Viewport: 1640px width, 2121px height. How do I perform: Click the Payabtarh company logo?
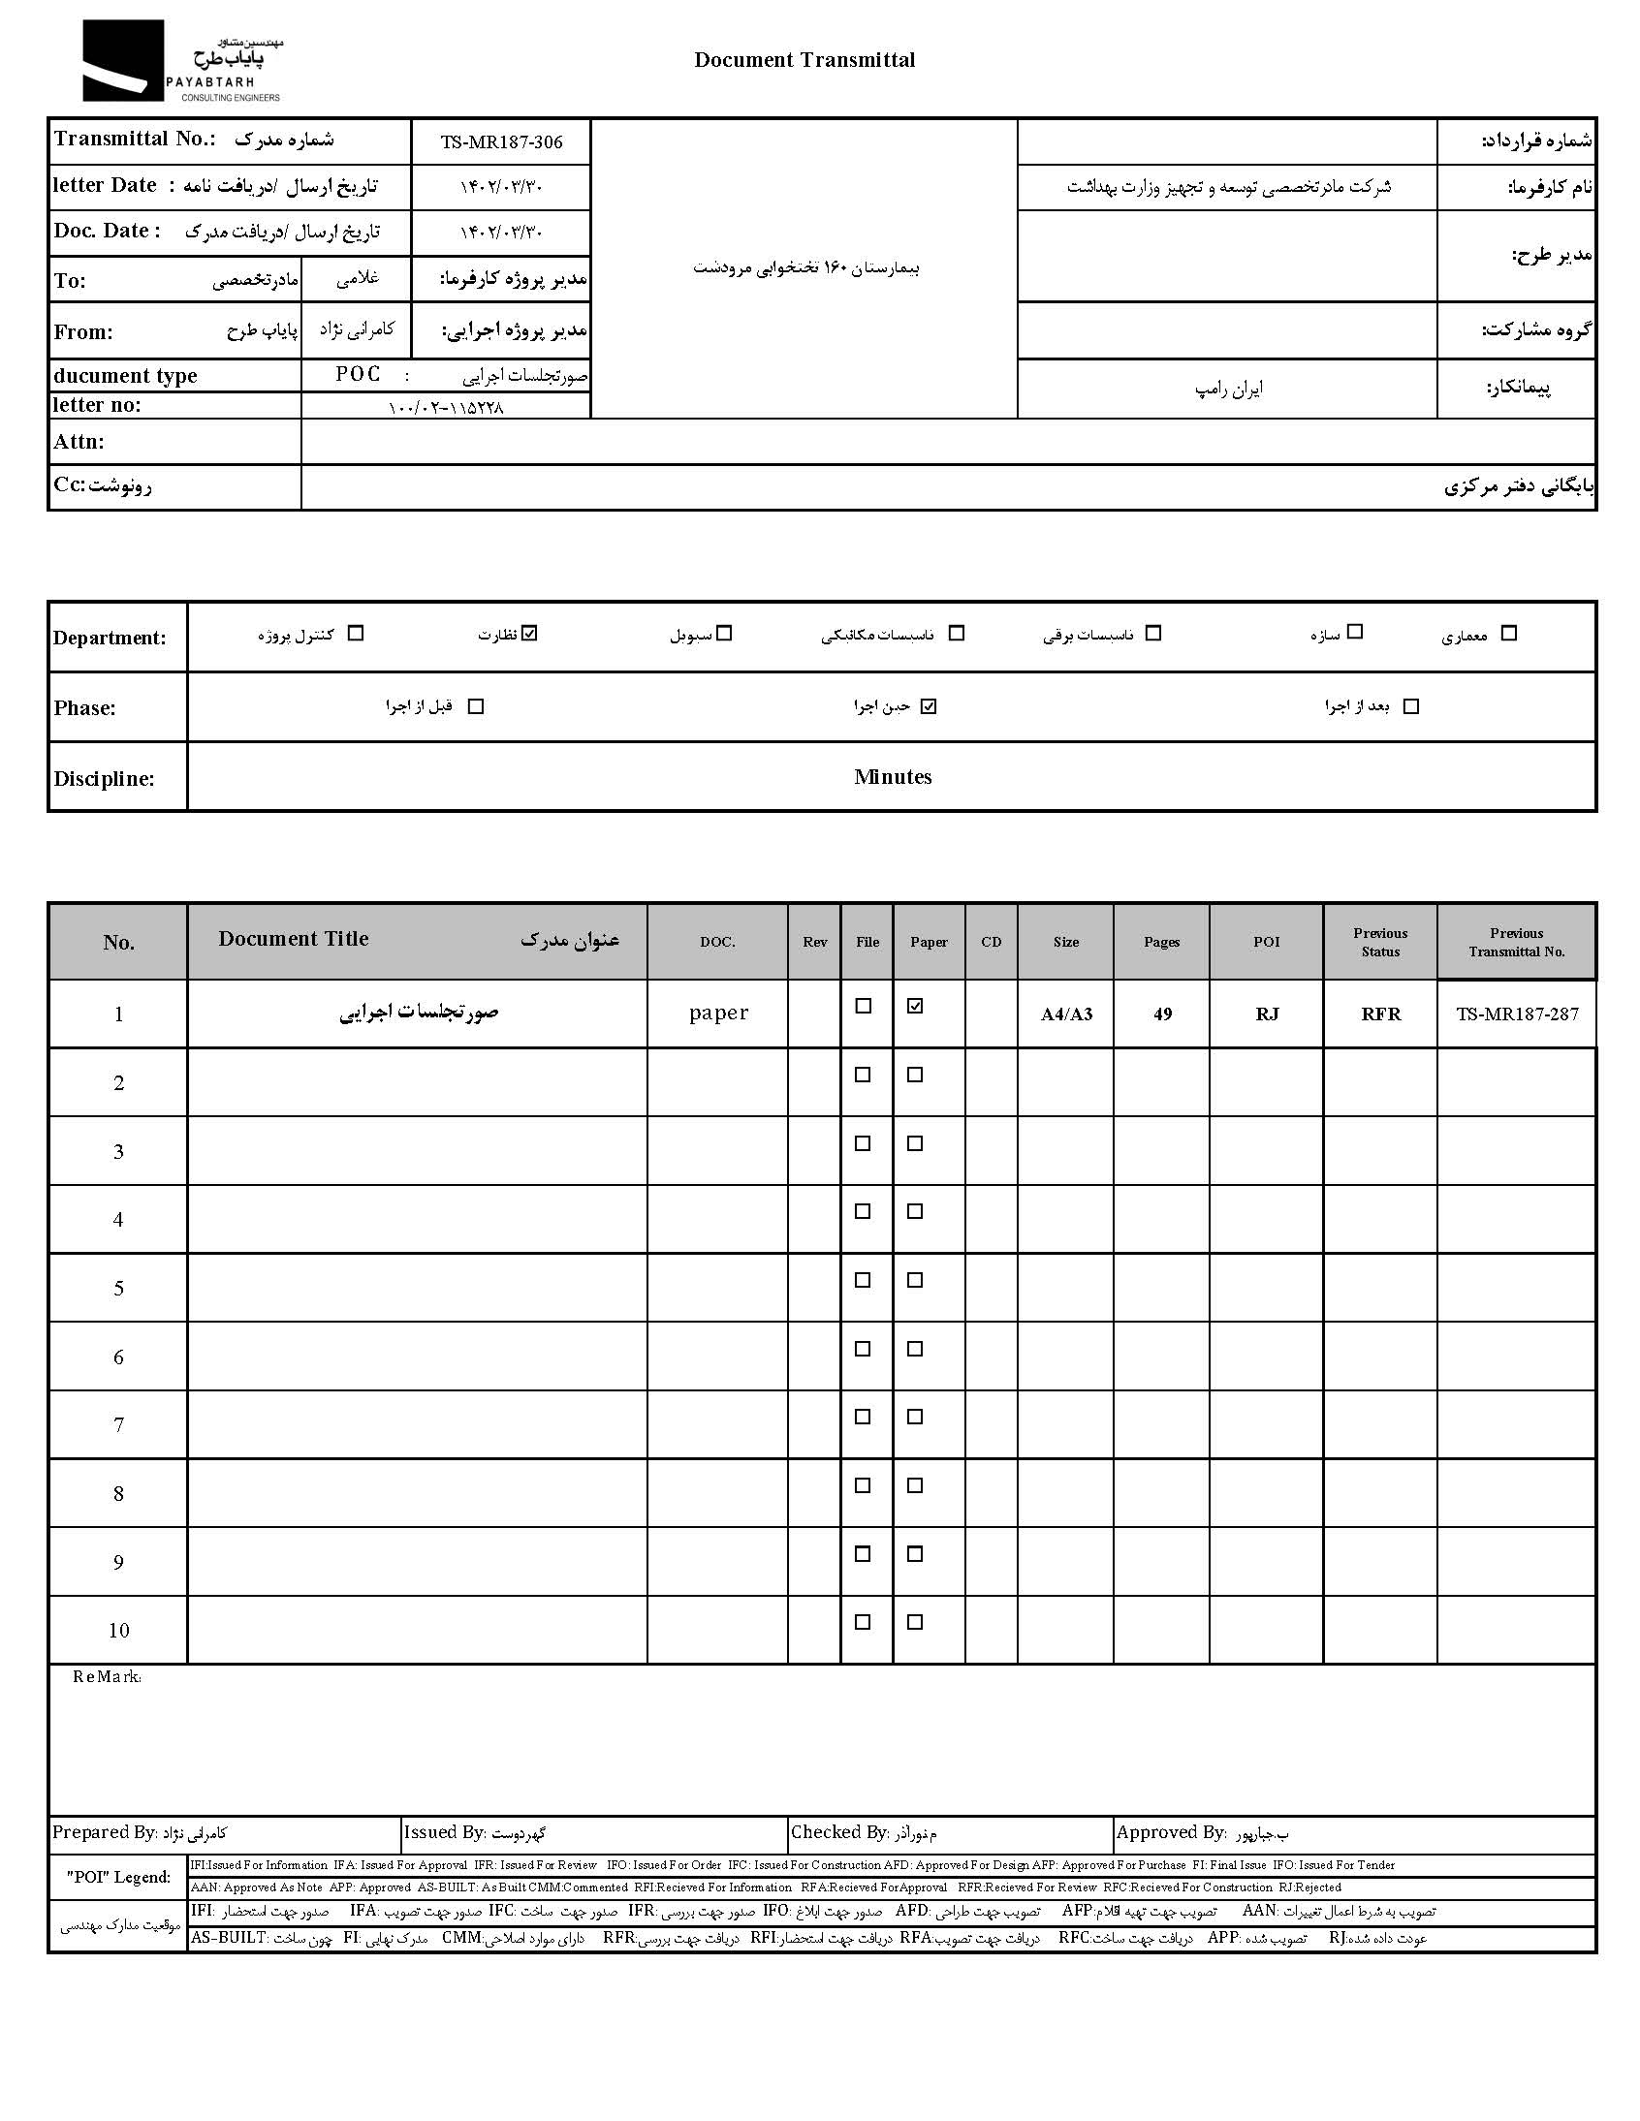pyautogui.click(x=180, y=61)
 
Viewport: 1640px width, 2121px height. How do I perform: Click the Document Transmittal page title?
pyautogui.click(x=804, y=60)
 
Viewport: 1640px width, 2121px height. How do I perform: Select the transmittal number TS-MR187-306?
pyautogui.click(x=501, y=142)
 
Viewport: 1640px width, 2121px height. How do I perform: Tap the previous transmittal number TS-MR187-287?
pyautogui.click(x=1517, y=1014)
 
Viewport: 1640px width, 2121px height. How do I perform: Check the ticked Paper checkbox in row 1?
pyautogui.click(x=914, y=1007)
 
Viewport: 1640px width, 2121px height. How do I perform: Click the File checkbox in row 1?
pyautogui.click(x=863, y=1007)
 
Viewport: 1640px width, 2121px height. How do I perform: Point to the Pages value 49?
pyautogui.click(x=1162, y=1014)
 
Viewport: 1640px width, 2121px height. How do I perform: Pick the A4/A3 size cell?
pyautogui.click(x=1066, y=1014)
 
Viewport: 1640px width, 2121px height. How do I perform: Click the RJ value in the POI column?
pyautogui.click(x=1267, y=1014)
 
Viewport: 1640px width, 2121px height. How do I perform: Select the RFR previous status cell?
pyautogui.click(x=1379, y=1014)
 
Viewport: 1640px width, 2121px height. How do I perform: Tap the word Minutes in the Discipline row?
pyautogui.click(x=893, y=777)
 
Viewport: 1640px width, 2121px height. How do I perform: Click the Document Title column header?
pyautogui.click(x=294, y=939)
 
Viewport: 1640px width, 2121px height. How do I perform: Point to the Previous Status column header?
pyautogui.click(x=1379, y=942)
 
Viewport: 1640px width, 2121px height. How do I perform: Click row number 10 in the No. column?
pyautogui.click(x=118, y=1631)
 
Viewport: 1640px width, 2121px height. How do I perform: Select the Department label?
pyautogui.click(x=110, y=639)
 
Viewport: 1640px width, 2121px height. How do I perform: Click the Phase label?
pyautogui.click(x=84, y=708)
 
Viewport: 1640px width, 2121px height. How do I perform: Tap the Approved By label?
pyautogui.click(x=1171, y=1832)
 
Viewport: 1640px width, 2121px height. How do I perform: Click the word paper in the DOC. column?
pyautogui.click(x=718, y=1013)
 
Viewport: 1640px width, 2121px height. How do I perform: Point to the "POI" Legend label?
pyautogui.click(x=118, y=1877)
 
